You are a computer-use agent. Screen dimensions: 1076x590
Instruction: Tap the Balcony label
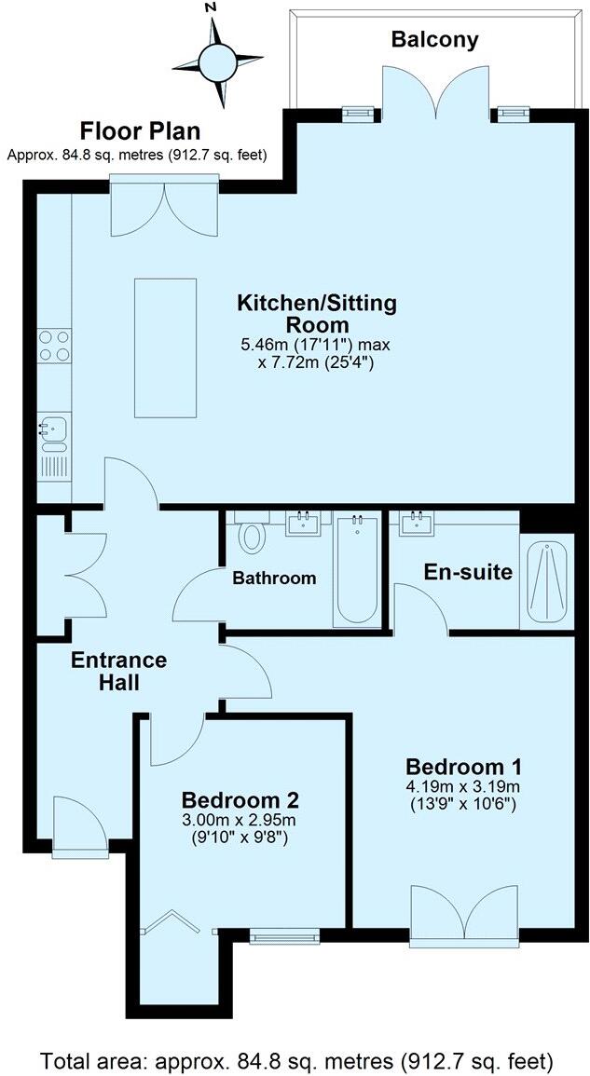[x=434, y=39]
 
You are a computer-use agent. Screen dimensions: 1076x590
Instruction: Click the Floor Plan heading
[x=140, y=130]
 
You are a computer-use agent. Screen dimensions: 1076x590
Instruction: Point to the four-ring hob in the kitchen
[x=53, y=347]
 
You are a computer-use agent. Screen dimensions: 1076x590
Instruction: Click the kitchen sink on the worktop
[x=51, y=430]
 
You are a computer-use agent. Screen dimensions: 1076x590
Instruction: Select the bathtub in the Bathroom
[x=355, y=569]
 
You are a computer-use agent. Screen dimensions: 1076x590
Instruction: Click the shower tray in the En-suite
[x=545, y=583]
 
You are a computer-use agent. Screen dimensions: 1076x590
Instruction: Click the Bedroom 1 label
[x=463, y=767]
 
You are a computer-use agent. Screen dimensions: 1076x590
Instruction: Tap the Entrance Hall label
[x=119, y=671]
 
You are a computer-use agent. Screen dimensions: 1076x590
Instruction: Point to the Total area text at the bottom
[x=295, y=1060]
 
